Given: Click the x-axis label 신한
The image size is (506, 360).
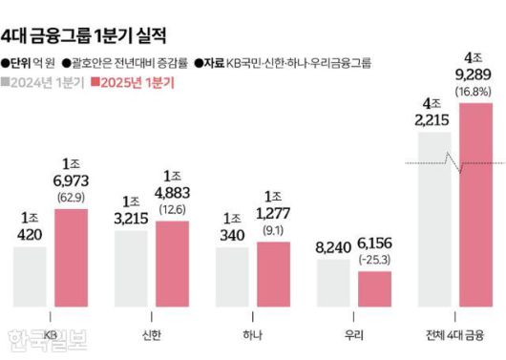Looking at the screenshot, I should (x=154, y=334).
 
